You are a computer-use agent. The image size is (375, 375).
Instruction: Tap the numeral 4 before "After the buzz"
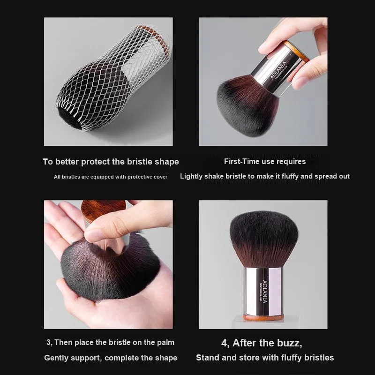pyautogui.click(x=224, y=343)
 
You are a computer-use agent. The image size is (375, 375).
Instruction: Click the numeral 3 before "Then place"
pyautogui.click(x=49, y=343)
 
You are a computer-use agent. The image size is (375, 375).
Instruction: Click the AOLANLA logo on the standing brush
pyautogui.click(x=265, y=292)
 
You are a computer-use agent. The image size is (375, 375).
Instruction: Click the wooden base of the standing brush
pyautogui.click(x=263, y=318)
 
